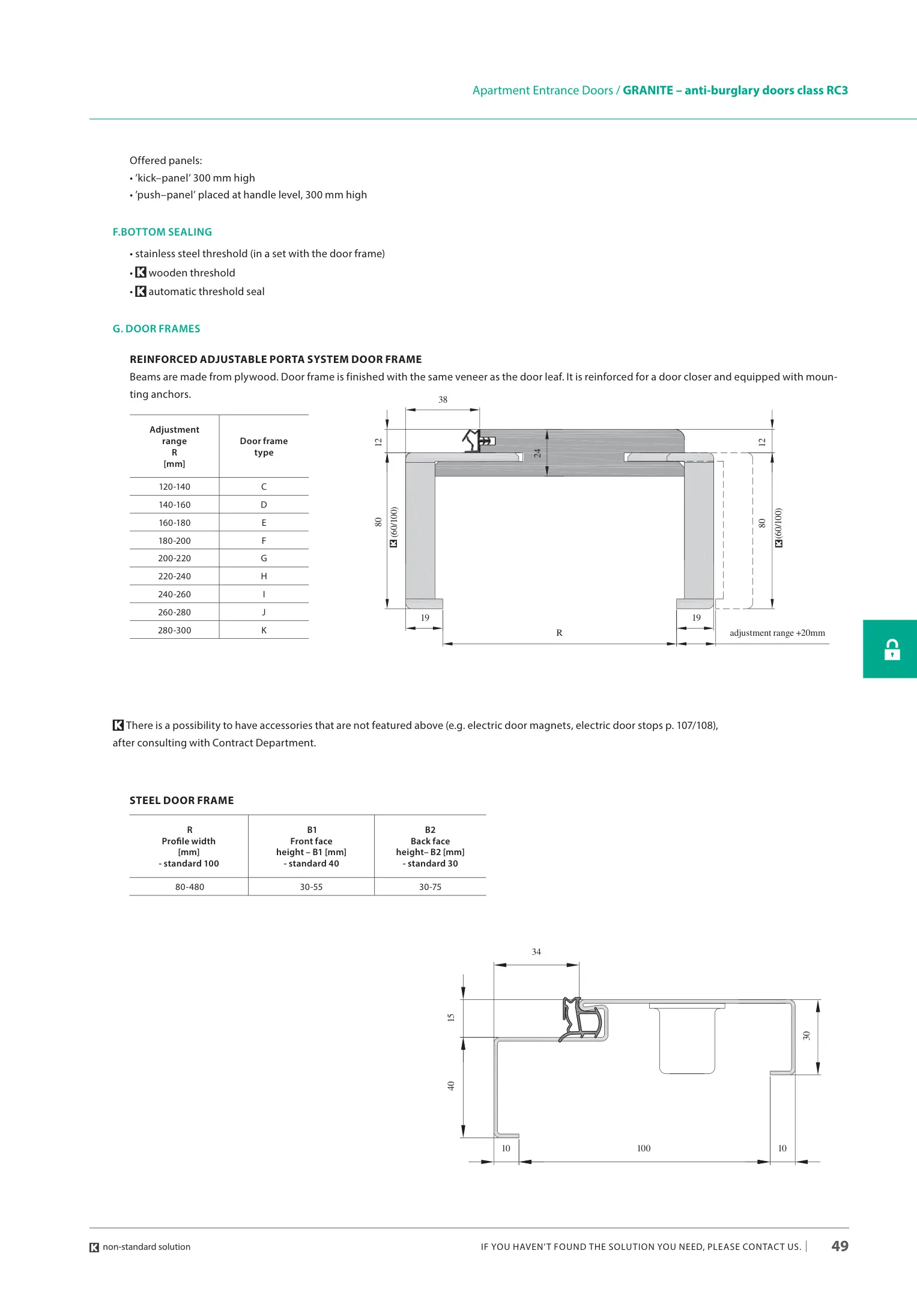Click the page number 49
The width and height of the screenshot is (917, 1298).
click(x=840, y=1246)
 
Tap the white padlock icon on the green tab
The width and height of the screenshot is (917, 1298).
click(x=892, y=650)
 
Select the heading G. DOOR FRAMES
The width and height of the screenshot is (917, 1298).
click(x=156, y=329)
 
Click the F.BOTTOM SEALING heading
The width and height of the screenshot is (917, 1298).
click(x=162, y=232)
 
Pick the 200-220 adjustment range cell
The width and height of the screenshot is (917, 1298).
click(x=174, y=558)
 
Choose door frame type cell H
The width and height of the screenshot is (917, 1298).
click(x=264, y=576)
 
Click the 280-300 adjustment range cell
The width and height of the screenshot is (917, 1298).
click(x=174, y=630)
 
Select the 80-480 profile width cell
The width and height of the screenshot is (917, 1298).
click(x=190, y=887)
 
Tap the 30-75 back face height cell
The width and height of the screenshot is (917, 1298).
click(x=430, y=887)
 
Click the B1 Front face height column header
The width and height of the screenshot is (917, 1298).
click(x=311, y=846)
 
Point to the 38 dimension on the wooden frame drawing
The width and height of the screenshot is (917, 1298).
click(x=443, y=400)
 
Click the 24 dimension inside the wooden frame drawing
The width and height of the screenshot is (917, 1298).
click(x=537, y=453)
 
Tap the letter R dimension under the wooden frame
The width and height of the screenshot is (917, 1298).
click(x=559, y=633)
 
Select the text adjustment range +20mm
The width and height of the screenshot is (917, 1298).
click(x=777, y=633)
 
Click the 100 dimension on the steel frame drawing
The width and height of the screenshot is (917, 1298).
click(x=644, y=1148)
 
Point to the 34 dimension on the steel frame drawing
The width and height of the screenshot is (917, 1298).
click(x=536, y=952)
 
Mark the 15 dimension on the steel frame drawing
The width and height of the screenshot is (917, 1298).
click(x=451, y=1017)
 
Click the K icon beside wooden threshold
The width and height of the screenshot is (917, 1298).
click(x=141, y=273)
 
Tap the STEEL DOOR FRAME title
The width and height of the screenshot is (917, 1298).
click(x=181, y=800)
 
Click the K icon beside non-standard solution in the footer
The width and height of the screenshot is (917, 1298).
click(x=94, y=1248)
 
